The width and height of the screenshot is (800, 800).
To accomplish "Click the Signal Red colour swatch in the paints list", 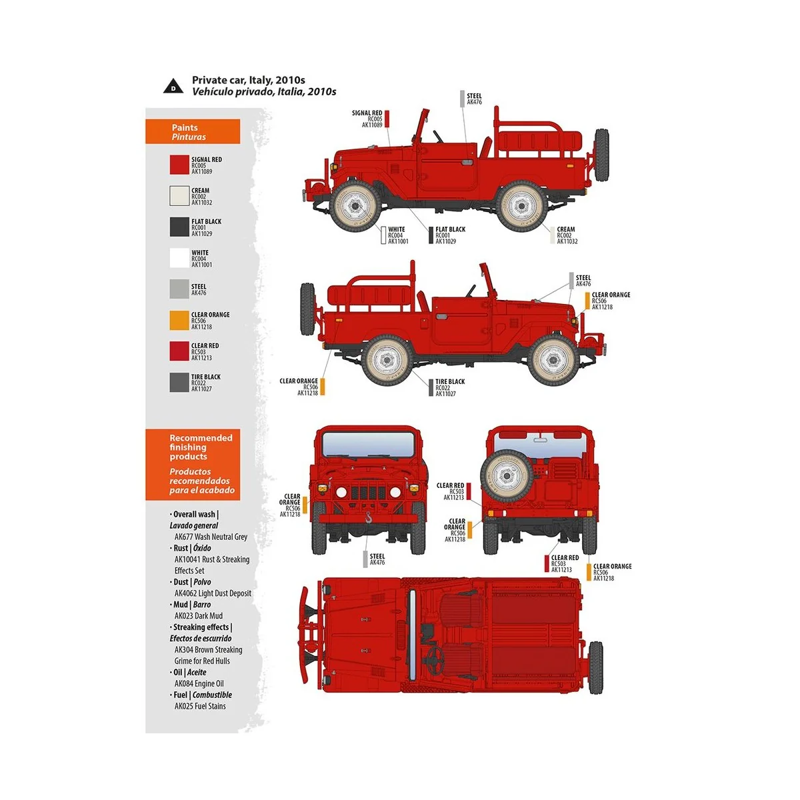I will coord(179,165).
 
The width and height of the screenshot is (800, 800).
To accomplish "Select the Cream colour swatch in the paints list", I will coord(179,196).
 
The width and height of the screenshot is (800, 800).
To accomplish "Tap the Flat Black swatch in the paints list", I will coord(179,227).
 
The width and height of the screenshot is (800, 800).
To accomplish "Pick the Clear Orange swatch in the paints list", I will coord(179,320).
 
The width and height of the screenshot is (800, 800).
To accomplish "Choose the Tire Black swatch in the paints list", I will coord(179,382).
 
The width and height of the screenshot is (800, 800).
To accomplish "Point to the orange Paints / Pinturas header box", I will coord(193,132).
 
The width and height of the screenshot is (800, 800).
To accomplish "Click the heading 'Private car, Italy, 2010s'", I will coord(248,80).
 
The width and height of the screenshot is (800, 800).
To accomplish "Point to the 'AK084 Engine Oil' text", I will coord(199,683).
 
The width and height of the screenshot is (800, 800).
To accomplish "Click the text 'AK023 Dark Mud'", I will coord(198,616).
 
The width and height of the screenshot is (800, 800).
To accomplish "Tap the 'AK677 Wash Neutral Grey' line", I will coord(211,537).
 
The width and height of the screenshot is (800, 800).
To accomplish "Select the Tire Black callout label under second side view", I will coord(449,387).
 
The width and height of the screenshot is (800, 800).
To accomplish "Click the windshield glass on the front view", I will coord(368,444).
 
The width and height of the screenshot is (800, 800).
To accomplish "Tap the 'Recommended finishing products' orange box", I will coord(193,465).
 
